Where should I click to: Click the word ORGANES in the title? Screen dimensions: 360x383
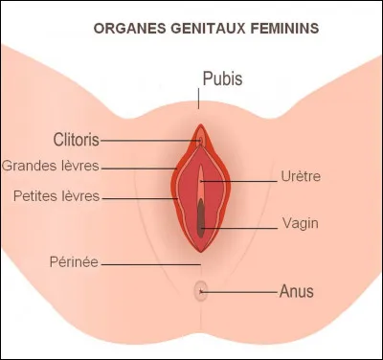tap(126, 28)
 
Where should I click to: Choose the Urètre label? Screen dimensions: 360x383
tap(302, 177)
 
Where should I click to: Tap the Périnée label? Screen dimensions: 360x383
tap(71, 261)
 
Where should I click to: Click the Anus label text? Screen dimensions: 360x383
tap(297, 290)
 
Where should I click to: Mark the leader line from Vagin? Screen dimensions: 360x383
tap(239, 226)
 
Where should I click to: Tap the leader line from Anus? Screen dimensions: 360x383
tap(239, 290)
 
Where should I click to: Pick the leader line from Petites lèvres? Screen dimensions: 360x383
tap(144, 197)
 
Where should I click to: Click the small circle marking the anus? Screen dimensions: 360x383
tap(199, 289)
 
